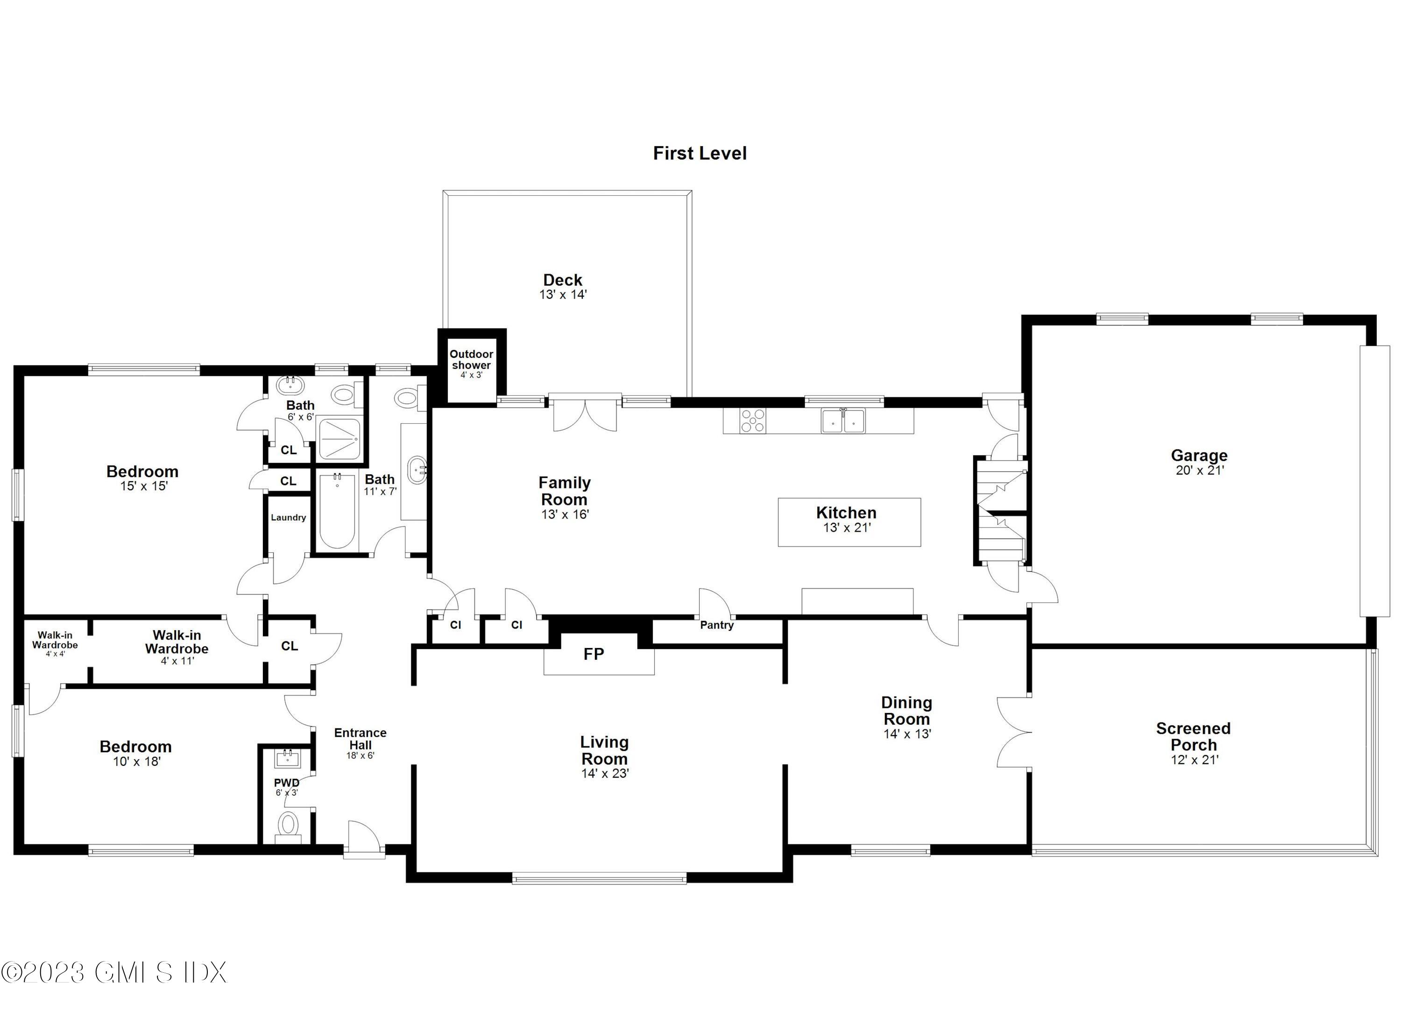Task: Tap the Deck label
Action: pyautogui.click(x=562, y=280)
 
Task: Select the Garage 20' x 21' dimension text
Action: pyautogui.click(x=1199, y=470)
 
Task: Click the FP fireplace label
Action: pyautogui.click(x=594, y=654)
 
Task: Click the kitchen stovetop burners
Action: pyautogui.click(x=753, y=421)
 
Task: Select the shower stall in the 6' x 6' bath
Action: pyautogui.click(x=339, y=438)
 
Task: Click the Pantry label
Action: pyautogui.click(x=716, y=625)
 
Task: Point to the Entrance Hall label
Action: pyautogui.click(x=360, y=739)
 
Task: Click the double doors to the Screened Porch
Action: pyautogui.click(x=1014, y=732)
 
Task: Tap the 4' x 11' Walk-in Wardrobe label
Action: pyautogui.click(x=177, y=648)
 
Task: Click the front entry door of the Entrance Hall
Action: pyautogui.click(x=363, y=839)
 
